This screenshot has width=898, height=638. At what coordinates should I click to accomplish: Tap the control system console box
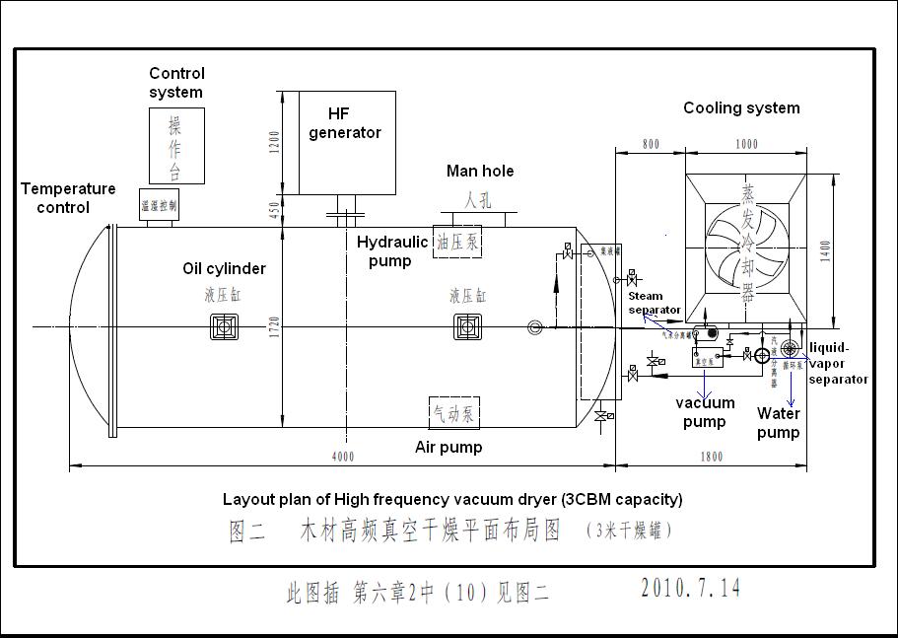pos(176,146)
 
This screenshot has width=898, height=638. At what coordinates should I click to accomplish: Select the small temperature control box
pos(159,205)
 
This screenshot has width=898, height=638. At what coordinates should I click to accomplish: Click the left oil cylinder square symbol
pos(225,326)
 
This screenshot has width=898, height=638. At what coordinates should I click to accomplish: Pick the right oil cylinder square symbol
pos(467,326)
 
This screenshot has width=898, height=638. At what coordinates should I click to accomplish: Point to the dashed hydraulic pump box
pos(456,242)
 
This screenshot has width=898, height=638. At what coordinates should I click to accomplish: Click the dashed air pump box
pos(453,413)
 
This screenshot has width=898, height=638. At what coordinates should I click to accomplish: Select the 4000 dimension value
pos(342,456)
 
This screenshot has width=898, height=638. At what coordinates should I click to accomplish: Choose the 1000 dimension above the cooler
pos(746,144)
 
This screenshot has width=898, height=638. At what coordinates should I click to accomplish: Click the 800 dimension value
pos(650,144)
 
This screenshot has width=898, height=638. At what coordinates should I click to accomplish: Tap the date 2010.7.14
pos(690,589)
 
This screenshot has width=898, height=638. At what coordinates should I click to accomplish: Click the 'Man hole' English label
pos(480,172)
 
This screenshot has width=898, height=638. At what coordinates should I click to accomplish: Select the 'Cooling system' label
pos(741,107)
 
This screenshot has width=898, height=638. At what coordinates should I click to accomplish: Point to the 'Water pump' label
pos(778,423)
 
